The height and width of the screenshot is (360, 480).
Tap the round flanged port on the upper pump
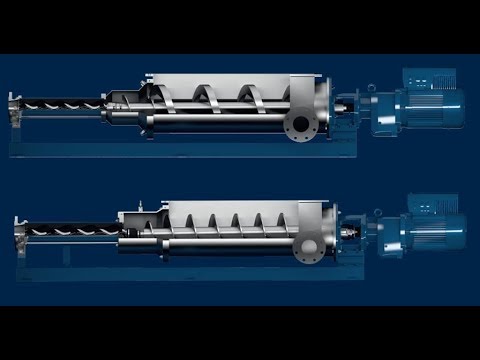[x=298, y=126]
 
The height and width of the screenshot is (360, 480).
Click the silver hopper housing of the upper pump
[x=230, y=84]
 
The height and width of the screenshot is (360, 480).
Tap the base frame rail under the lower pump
[x=150, y=268]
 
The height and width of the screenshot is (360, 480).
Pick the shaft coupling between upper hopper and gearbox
[x=344, y=103]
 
